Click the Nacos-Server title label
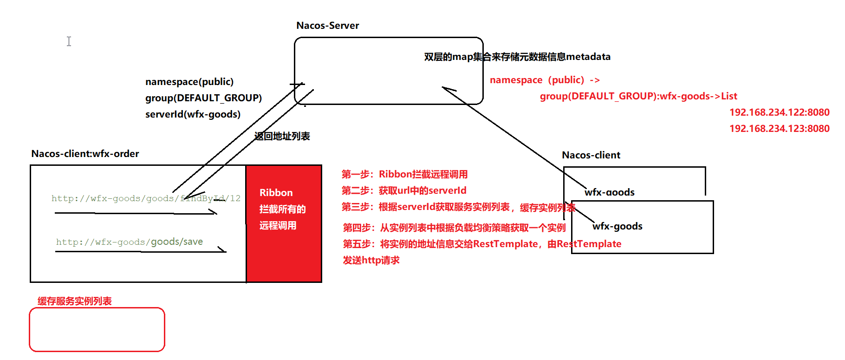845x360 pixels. [x=327, y=26]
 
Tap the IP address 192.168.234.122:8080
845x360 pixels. [x=779, y=112]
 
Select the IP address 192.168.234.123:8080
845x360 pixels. [x=779, y=129]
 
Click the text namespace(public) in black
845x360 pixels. [x=189, y=82]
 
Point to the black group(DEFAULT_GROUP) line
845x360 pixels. [x=203, y=98]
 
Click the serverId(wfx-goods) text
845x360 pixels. [x=193, y=114]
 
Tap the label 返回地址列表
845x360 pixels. [x=282, y=136]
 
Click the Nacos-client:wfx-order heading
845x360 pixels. [x=85, y=154]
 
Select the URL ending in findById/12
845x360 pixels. [x=146, y=198]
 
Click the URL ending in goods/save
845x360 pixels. [x=129, y=242]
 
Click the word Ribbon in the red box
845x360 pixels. [x=276, y=193]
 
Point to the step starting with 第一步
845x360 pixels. [x=404, y=174]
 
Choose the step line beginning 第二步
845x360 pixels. [x=404, y=190]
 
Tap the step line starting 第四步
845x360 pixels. [x=454, y=228]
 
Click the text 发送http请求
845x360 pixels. [x=371, y=260]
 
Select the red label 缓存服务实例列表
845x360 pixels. [x=75, y=301]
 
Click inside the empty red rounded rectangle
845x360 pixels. [x=97, y=329]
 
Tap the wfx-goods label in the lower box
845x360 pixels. [x=617, y=226]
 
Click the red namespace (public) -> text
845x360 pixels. [x=545, y=80]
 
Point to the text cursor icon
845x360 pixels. [x=69, y=41]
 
